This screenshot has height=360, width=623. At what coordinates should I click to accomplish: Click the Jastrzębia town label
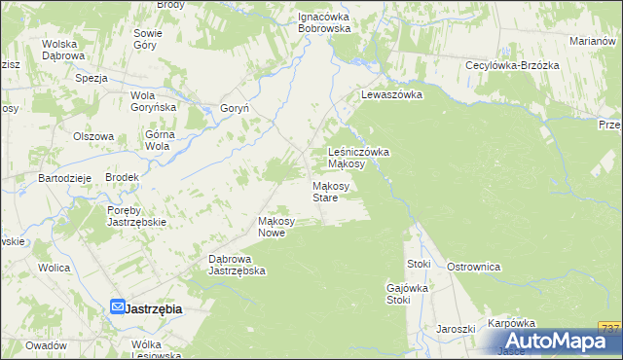155,308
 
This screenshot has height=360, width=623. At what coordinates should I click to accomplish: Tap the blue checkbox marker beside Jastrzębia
117,307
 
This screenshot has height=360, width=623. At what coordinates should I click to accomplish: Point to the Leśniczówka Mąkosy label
359,158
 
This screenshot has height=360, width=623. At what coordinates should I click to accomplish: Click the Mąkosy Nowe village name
275,226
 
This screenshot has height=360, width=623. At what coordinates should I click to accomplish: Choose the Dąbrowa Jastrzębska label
238,265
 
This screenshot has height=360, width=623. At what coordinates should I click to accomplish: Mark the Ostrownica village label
473,266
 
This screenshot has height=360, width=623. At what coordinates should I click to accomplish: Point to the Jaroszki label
456,329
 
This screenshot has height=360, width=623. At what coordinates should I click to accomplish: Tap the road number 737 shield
610,328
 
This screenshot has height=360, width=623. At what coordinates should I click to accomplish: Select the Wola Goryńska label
152,100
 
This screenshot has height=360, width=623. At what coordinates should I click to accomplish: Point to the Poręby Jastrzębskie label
137,216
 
